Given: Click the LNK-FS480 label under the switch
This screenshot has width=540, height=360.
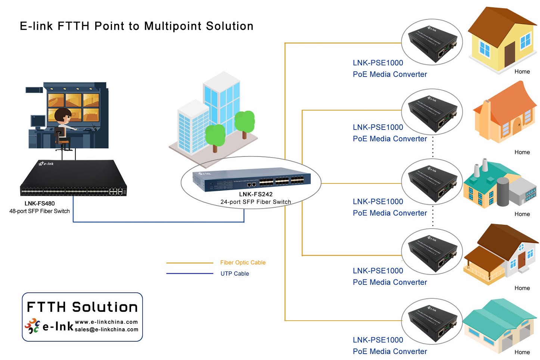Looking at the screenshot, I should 40,204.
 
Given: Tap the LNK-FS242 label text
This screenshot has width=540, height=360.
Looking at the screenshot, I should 256,194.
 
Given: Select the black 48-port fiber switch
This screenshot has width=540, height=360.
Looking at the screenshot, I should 74,178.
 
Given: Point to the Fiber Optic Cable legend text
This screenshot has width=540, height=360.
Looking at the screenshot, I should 243,263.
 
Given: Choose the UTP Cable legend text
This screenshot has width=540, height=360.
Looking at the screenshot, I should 235,274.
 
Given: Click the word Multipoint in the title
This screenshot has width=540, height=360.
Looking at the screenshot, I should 173,26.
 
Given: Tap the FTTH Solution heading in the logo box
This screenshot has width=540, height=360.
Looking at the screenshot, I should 82,307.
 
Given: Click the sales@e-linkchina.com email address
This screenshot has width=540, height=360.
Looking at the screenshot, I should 106,329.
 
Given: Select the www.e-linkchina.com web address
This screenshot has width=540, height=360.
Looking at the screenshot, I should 106,322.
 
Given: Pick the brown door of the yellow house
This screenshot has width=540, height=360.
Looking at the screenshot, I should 510,54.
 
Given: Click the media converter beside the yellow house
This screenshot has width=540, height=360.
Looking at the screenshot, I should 432,42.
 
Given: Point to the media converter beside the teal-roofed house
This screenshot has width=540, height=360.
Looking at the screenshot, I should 432,321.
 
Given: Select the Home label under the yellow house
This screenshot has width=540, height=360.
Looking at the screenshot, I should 522,72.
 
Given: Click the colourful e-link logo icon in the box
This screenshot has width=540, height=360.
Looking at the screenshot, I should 32,326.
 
